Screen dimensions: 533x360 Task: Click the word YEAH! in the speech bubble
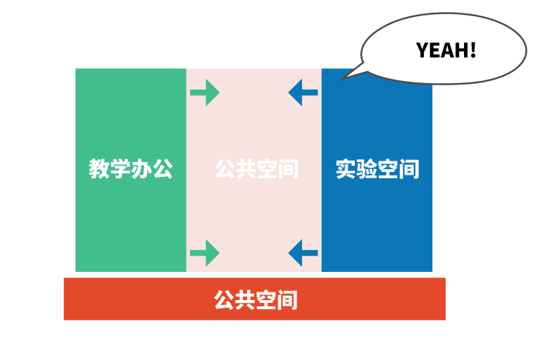[x=446, y=50]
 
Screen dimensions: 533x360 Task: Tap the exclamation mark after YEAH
[x=472, y=50]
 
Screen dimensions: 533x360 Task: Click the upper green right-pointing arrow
[x=205, y=92]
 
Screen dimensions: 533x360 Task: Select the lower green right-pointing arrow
[x=205, y=253]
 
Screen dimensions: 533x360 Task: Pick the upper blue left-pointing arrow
[x=303, y=92]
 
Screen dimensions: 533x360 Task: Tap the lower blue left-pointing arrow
[x=303, y=253]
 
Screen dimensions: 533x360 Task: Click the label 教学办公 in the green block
[x=130, y=169]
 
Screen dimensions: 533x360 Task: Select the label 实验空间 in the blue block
[x=377, y=169]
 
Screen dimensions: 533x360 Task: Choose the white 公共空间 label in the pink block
[x=256, y=169]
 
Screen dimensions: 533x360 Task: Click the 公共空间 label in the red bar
[x=256, y=300]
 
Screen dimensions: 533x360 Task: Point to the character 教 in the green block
[x=99, y=169]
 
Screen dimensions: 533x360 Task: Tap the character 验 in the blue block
[x=366, y=169]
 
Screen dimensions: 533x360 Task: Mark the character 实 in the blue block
[x=346, y=169]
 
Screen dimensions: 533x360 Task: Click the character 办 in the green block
[x=141, y=169]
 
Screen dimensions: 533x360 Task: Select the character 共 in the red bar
[x=245, y=300]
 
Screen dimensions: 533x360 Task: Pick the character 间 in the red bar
[x=287, y=300]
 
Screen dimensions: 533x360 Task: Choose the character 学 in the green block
[x=120, y=169]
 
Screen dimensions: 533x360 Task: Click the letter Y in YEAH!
[x=422, y=50]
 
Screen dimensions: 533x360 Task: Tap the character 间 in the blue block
[x=408, y=169]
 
